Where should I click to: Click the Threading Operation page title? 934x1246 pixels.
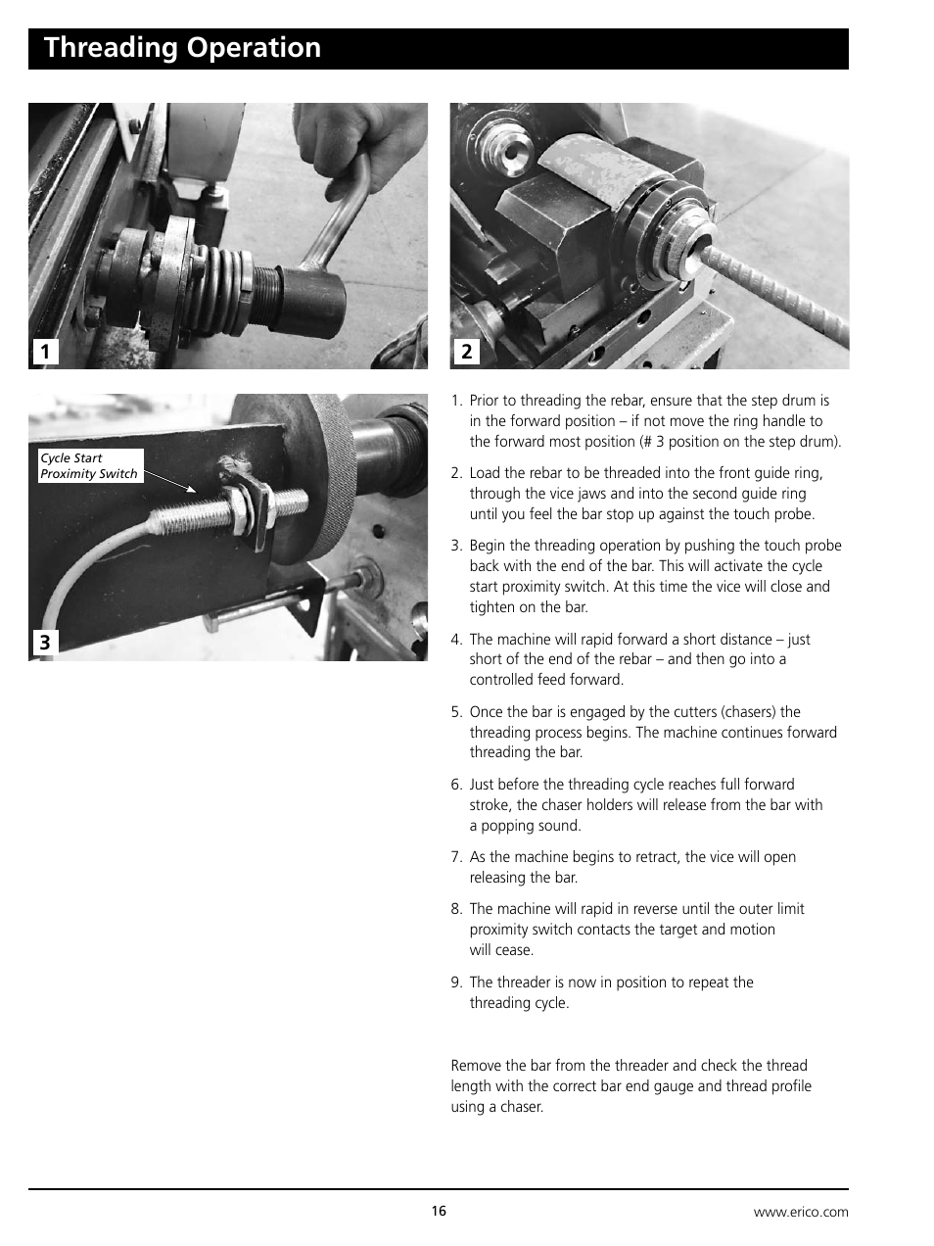click(182, 48)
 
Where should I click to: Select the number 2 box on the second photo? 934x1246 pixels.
click(467, 352)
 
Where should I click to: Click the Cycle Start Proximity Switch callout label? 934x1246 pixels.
click(89, 466)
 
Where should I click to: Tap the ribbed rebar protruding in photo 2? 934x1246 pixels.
click(773, 294)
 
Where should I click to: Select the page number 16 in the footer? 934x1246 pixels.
click(439, 1212)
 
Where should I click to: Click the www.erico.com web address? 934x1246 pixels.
click(800, 1213)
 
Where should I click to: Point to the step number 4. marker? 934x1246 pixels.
click(456, 640)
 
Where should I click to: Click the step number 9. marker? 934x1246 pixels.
click(456, 982)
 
